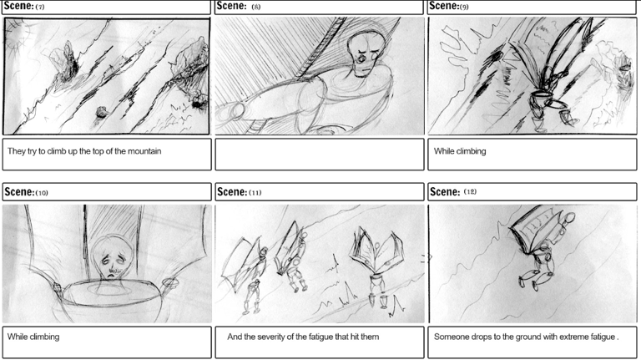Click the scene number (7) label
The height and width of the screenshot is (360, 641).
point(40,7)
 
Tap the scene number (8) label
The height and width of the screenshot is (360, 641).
point(256,7)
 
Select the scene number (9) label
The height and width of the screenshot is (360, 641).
point(464,7)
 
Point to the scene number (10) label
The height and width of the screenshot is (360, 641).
point(42,193)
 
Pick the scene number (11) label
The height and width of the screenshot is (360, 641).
point(255,193)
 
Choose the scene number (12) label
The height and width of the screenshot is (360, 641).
point(470,191)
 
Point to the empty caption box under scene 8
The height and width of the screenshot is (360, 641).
point(320,155)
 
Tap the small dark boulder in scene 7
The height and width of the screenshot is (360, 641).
point(101,112)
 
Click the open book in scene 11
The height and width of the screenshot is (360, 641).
point(376,251)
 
